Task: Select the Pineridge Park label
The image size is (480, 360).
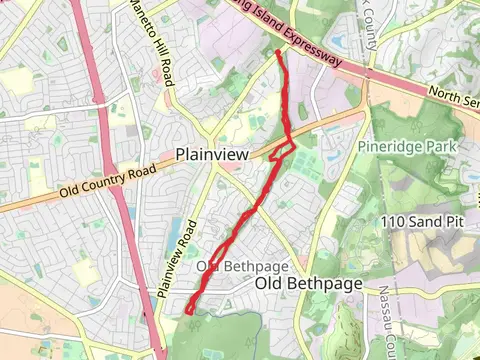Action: point(407,147)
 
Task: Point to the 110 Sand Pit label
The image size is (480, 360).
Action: point(427,220)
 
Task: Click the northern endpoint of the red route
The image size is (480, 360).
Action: point(277,52)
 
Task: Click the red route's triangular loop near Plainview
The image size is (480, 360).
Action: point(282,151)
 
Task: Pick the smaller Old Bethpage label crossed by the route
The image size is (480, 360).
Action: point(242,266)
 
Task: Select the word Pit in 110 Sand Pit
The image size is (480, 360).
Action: point(458,220)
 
